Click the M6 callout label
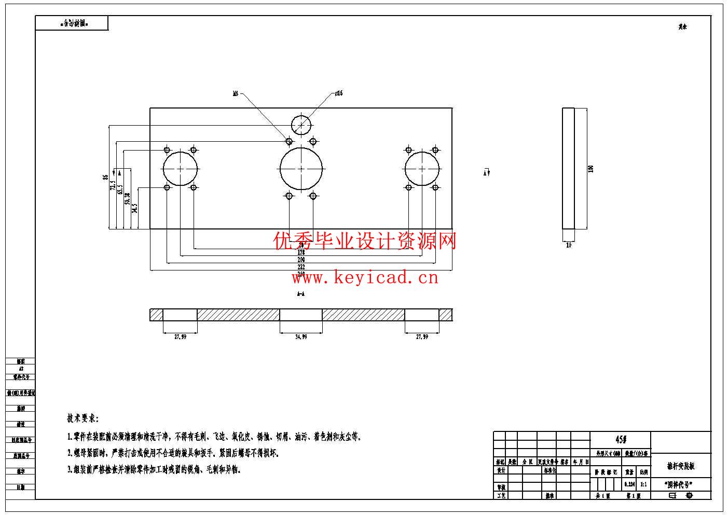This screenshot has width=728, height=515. tap(235, 93)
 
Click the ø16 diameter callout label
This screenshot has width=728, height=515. tap(338, 93)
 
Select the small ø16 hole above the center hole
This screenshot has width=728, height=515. tap(301, 125)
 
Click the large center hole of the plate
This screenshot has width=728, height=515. tap(301, 169)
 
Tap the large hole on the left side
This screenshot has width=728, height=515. tap(181, 169)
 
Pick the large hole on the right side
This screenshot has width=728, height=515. tap(422, 169)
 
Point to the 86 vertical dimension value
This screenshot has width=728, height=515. tap(106, 177)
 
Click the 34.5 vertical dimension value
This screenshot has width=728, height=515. tap(135, 208)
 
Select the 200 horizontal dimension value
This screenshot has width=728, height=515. tap(301, 260)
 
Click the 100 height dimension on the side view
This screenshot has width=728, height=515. tap(590, 169)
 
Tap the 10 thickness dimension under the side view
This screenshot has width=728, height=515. tap(569, 245)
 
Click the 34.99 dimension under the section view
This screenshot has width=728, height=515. tap(301, 337)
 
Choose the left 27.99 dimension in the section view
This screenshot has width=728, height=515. tap(180, 337)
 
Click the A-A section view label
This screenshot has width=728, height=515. tap(301, 294)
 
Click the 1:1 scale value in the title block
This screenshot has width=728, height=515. tap(643, 484)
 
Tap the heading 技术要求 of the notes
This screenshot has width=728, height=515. tap(83, 418)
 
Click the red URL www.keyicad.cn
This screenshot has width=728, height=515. tap(365, 278)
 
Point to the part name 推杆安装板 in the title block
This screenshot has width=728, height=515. tap(680, 466)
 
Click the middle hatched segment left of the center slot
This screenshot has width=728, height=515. tap(238, 315)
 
